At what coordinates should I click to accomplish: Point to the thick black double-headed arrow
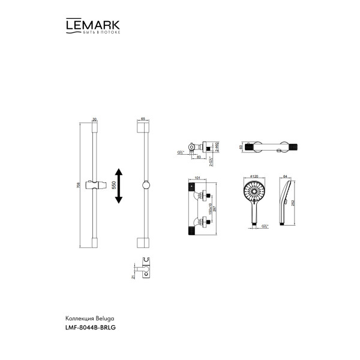[x=119, y=186]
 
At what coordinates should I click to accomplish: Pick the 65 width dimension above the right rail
[x=143, y=119]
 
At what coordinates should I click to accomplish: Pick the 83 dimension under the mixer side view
[x=199, y=157]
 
